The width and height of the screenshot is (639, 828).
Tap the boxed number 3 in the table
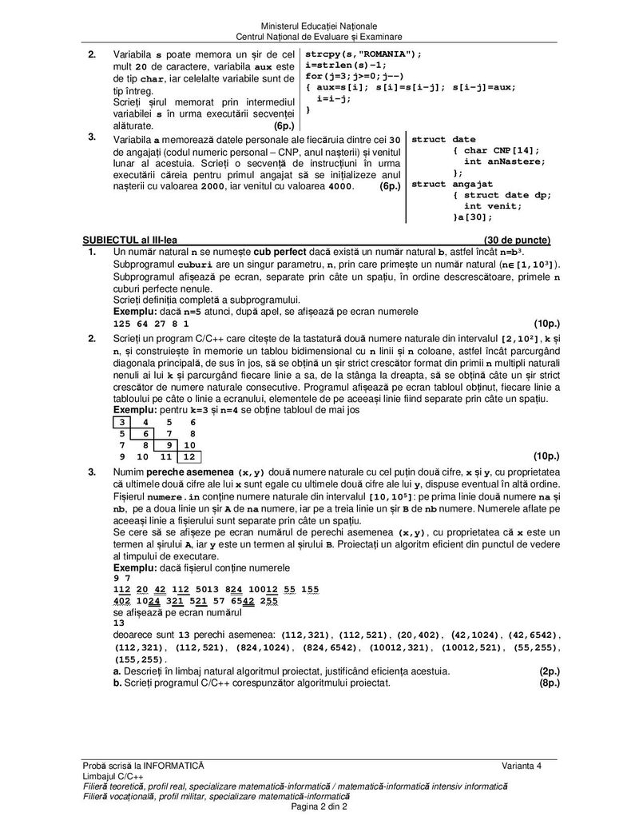121,421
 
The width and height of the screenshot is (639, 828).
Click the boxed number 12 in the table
189,457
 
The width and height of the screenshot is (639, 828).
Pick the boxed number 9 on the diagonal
166,445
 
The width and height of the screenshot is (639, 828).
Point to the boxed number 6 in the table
145,433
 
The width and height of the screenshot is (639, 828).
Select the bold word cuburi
194,265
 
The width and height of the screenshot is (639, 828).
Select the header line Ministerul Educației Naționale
319,27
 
